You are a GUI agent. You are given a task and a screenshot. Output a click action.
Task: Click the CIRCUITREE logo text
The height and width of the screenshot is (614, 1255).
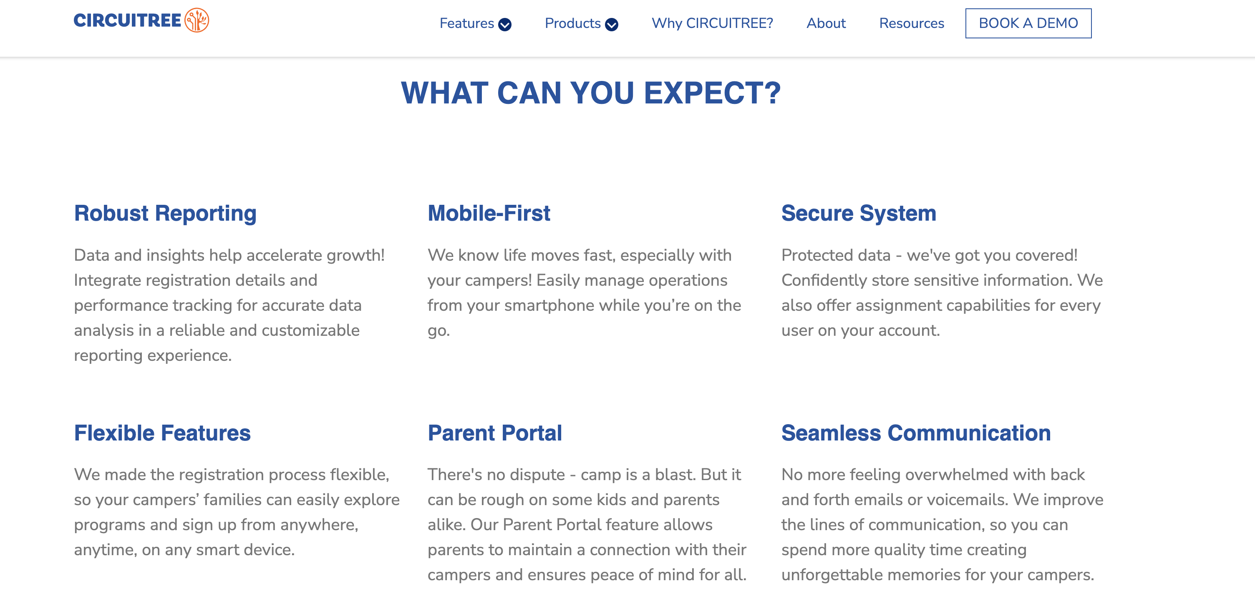point(127,20)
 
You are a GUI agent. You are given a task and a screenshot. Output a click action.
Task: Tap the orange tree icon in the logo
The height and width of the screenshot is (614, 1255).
point(197,20)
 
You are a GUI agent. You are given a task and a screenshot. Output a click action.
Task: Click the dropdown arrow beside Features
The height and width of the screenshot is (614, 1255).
point(505,24)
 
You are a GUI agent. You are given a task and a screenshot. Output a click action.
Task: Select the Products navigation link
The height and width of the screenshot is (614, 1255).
point(572,23)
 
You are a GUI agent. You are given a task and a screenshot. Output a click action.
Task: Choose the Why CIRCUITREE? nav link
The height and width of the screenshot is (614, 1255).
point(712,23)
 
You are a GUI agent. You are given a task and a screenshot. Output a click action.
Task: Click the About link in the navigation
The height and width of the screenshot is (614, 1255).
point(826,23)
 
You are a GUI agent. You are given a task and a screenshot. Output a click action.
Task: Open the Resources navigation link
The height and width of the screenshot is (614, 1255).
point(912,23)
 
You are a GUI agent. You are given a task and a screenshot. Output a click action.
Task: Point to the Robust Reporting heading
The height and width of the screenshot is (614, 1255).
point(165,214)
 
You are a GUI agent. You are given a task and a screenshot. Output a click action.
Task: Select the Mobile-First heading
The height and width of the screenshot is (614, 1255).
point(489,213)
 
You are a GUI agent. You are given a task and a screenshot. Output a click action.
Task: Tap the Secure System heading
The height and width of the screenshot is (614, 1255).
point(858,214)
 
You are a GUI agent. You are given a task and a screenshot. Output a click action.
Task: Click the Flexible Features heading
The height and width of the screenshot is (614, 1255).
point(162,433)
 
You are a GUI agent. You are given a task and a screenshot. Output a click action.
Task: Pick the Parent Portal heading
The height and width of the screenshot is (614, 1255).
point(494,433)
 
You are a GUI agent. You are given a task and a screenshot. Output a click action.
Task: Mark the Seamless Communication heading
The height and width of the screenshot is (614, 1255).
point(916,433)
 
